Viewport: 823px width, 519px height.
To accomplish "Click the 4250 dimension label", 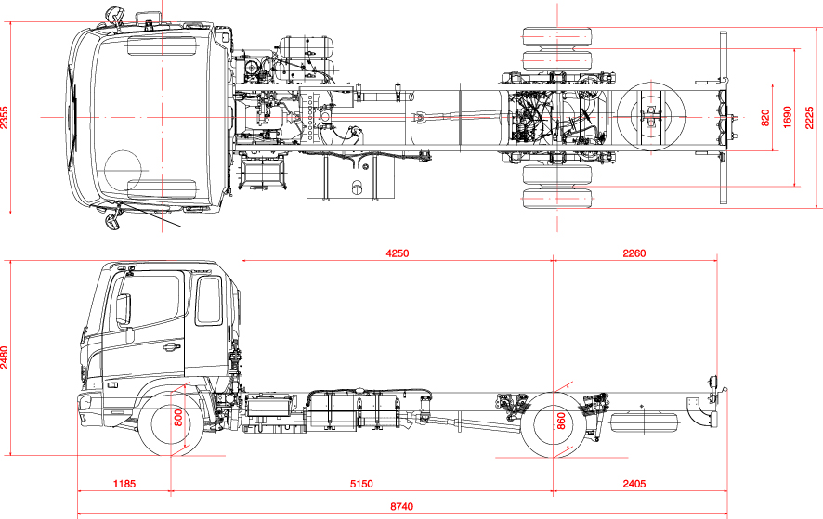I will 397,253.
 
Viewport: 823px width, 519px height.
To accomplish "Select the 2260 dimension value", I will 634,253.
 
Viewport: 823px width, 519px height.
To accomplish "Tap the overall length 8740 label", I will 401,507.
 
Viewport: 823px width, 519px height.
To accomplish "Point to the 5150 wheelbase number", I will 361,484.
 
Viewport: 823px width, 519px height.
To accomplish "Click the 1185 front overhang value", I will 124,484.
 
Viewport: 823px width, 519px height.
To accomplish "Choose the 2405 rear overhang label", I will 634,484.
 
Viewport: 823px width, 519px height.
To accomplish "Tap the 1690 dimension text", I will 788,118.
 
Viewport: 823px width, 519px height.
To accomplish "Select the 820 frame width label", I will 765,118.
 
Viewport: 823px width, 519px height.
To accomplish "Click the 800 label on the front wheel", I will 178,419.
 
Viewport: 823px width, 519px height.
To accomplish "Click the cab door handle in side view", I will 170,348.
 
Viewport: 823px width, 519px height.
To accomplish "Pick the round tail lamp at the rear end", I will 714,383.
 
